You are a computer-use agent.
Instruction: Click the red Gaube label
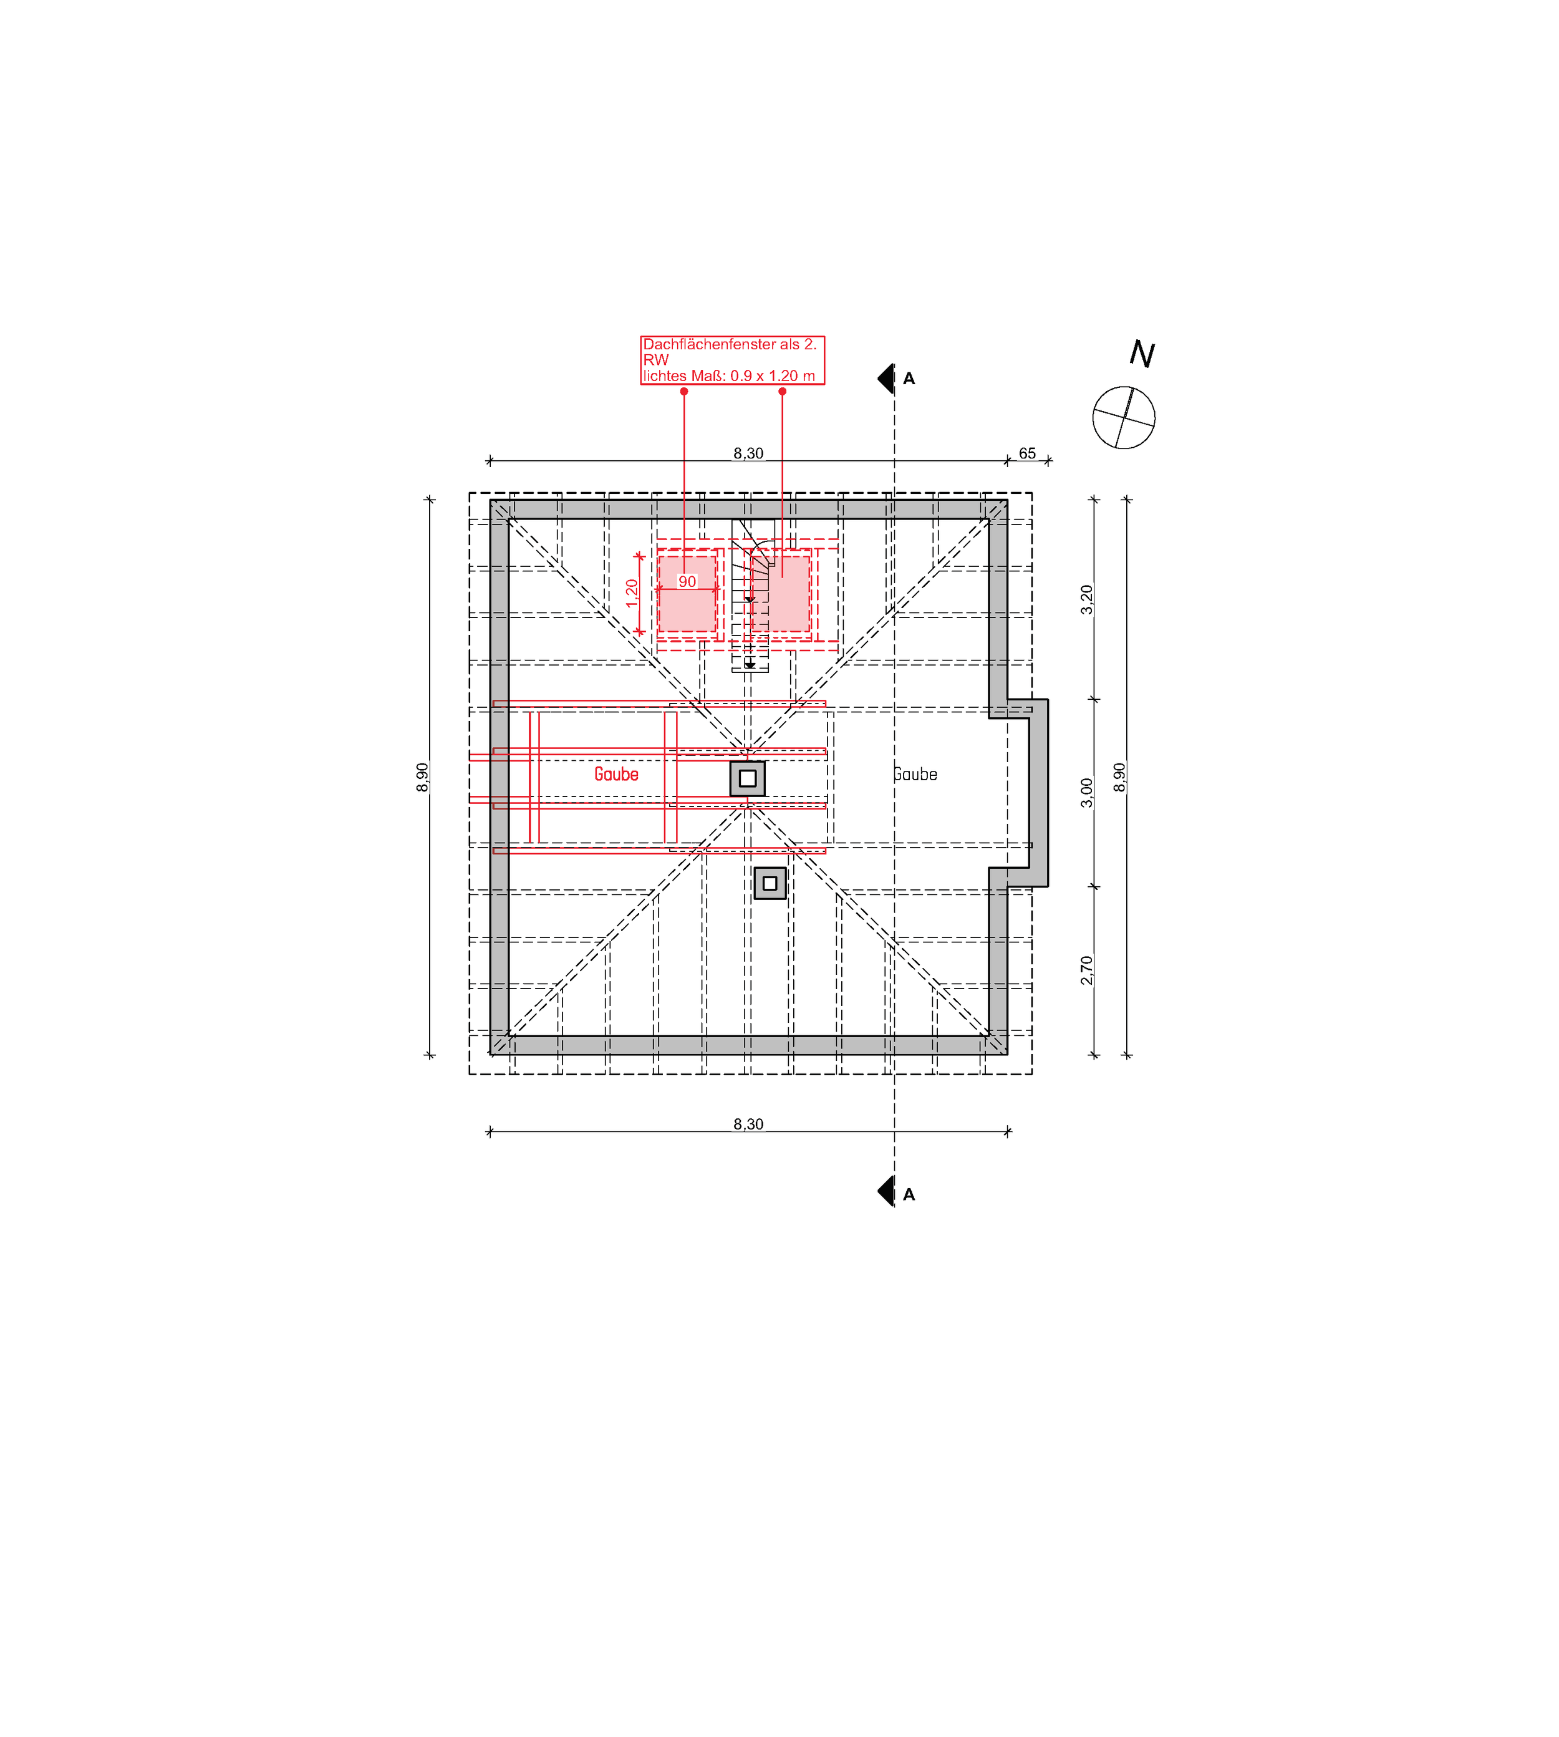tap(616, 774)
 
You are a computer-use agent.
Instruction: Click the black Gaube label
tap(915, 774)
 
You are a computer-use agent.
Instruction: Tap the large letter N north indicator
tap(1142, 353)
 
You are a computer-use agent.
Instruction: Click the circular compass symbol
tap(1124, 417)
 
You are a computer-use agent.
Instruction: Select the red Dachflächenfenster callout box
tap(732, 360)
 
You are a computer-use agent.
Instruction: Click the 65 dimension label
tap(1027, 453)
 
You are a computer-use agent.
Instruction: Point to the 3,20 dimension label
tap(1087, 599)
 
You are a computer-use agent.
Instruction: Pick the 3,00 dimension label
tap(1087, 792)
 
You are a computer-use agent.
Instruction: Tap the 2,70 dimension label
tap(1087, 970)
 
